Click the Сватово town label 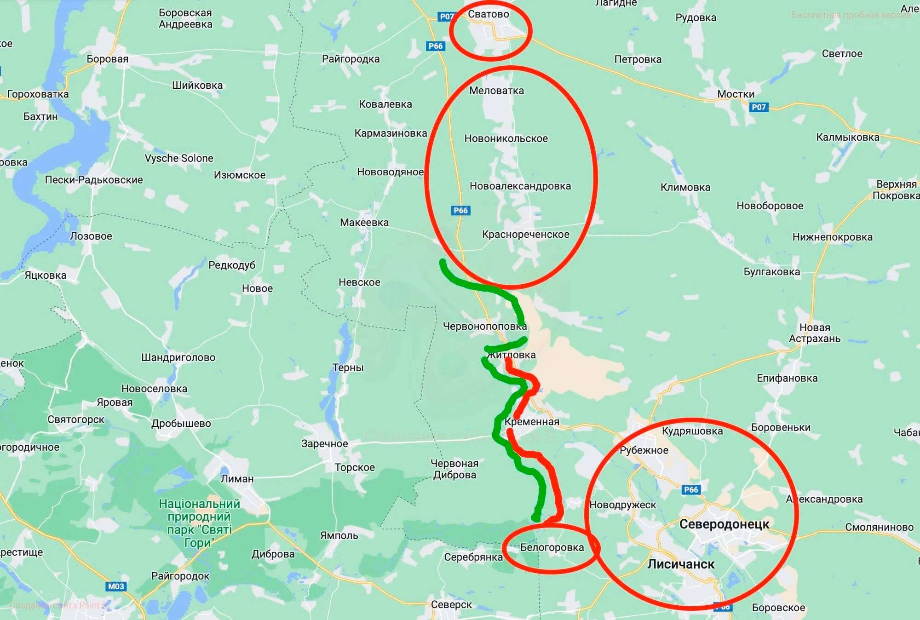(x=488, y=14)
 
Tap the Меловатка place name (x=496, y=91)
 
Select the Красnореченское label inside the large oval (x=525, y=235)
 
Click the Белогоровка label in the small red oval (x=552, y=547)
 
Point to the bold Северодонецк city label (x=724, y=524)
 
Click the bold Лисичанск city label (x=681, y=564)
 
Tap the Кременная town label (x=532, y=422)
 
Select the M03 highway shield (x=116, y=586)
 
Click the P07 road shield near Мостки (x=759, y=107)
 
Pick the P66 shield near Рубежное (x=691, y=489)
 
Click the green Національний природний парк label (x=199, y=523)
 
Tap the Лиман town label (x=237, y=479)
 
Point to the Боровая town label (x=107, y=59)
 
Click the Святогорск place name (x=76, y=419)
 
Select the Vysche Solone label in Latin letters (x=179, y=158)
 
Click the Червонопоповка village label (x=484, y=327)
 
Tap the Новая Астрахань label (x=815, y=333)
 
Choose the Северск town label (x=451, y=605)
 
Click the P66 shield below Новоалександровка (x=460, y=211)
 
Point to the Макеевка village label (x=364, y=223)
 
